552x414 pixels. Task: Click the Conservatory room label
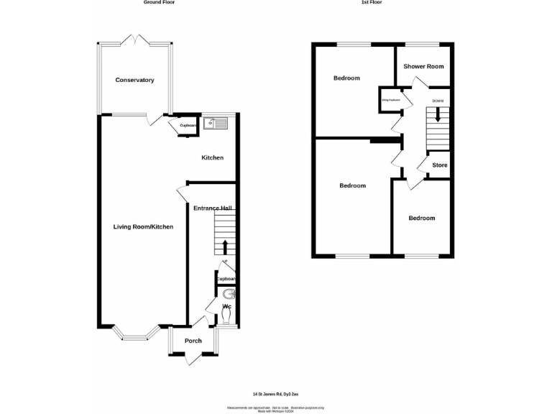point(135,80)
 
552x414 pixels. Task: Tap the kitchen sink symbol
point(216,124)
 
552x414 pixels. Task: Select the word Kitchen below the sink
point(212,158)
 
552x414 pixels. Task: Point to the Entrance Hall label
point(211,208)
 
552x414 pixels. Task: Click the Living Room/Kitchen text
point(143,227)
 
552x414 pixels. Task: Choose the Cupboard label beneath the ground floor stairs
point(226,279)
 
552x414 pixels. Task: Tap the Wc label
point(226,307)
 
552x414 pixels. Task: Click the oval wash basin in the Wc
point(228,294)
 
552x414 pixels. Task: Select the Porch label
point(193,341)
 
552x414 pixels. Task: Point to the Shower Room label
point(423,66)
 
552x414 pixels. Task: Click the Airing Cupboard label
point(391,100)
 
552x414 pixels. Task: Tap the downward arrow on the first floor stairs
point(437,114)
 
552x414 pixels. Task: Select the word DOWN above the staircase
point(438,101)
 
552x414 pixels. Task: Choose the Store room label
point(439,165)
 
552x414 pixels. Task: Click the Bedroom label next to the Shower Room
point(346,78)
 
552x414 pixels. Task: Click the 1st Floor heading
point(371,3)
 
